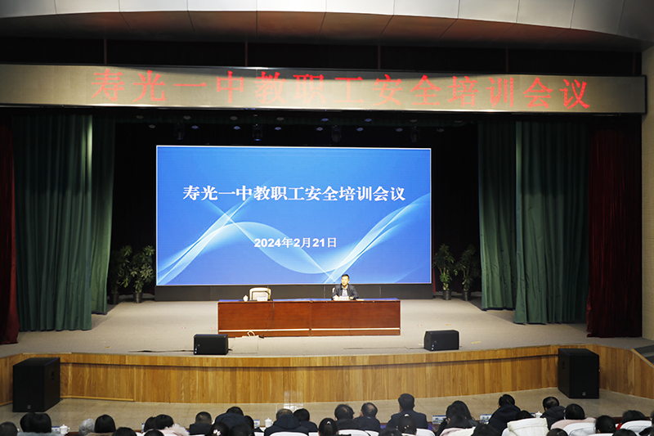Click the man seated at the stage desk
[344, 288]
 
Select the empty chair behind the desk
[260, 294]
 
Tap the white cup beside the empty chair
[246, 298]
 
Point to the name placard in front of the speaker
[343, 299]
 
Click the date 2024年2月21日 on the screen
[295, 242]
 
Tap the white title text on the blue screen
[293, 194]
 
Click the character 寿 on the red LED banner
[107, 85]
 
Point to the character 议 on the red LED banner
[575, 93]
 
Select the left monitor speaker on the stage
[211, 344]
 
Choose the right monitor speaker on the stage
[441, 340]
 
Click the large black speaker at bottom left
[36, 384]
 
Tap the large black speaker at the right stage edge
[579, 373]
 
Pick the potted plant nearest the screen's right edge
[445, 272]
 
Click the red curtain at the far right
[615, 234]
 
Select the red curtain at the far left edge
[7, 234]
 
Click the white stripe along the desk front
[309, 330]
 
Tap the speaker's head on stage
[345, 279]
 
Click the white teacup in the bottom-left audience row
[65, 429]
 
